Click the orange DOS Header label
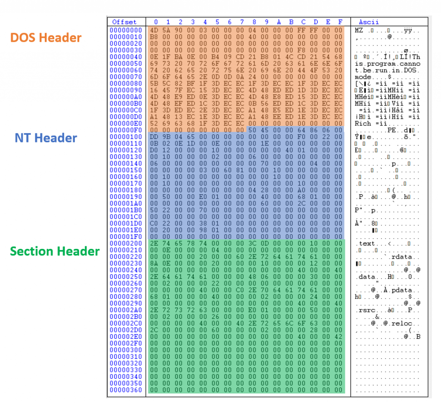coord(46,38)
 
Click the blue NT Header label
coord(46,138)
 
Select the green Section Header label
coord(55,251)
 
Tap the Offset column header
coord(124,22)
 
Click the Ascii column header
coord(369,22)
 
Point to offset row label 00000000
coord(126,31)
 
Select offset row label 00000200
coord(126,243)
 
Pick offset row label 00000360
coord(126,390)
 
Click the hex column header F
coord(340,22)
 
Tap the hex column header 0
coord(155,22)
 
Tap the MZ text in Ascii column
coord(359,31)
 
